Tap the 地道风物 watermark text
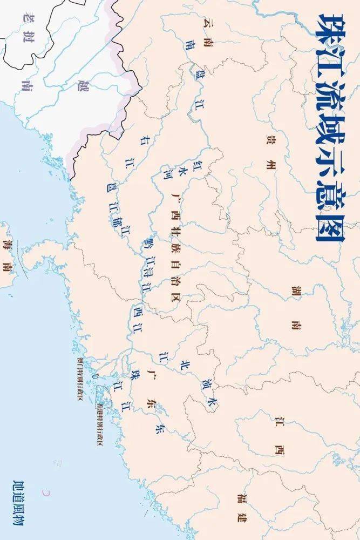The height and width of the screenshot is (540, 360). (x=22, y=502)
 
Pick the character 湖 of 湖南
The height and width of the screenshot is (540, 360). (x=295, y=293)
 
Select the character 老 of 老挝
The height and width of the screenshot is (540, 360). (x=24, y=17)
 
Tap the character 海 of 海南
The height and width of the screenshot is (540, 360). (x=6, y=244)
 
